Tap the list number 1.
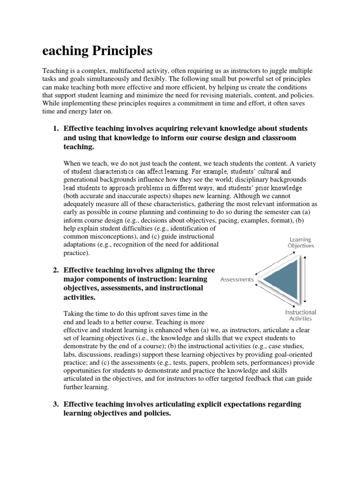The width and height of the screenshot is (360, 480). [55, 128]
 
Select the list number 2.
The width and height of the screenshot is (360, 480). [55, 270]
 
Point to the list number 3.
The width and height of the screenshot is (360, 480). [55, 404]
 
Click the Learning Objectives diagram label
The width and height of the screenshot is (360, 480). [300, 242]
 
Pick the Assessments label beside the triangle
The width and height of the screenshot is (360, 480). [237, 279]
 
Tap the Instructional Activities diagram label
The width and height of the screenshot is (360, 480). [300, 315]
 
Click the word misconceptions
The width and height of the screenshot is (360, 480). [107, 236]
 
